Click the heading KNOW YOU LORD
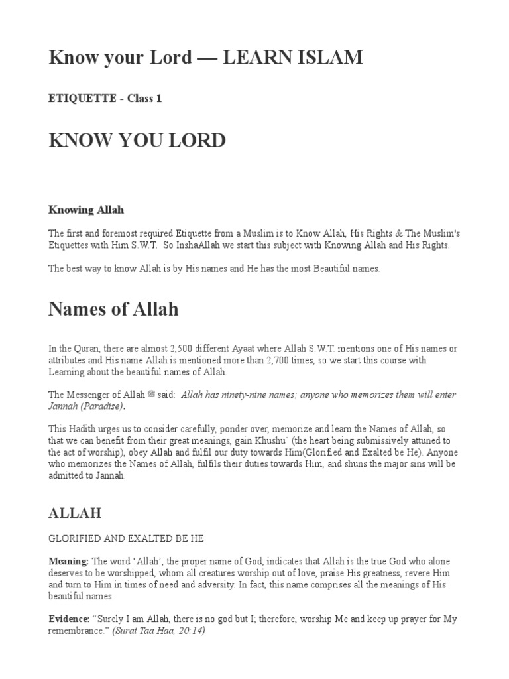point(137,141)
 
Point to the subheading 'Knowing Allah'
point(86,210)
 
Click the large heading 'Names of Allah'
point(113,309)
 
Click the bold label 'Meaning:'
point(69,561)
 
